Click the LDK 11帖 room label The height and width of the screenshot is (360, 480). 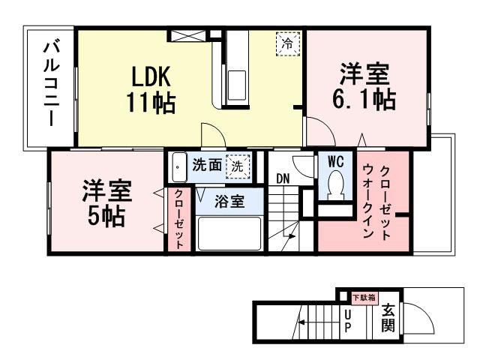point(154,89)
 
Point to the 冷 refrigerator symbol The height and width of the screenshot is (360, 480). point(286,43)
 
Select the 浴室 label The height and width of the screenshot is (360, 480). point(229,202)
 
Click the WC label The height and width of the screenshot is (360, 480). point(334,161)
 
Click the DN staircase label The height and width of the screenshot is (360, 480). point(283,178)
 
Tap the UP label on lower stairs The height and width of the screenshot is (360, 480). point(347,321)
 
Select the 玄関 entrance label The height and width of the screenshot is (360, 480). point(388,318)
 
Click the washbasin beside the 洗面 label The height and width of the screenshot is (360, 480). point(178,167)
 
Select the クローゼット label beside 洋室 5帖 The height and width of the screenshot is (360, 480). point(179,219)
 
